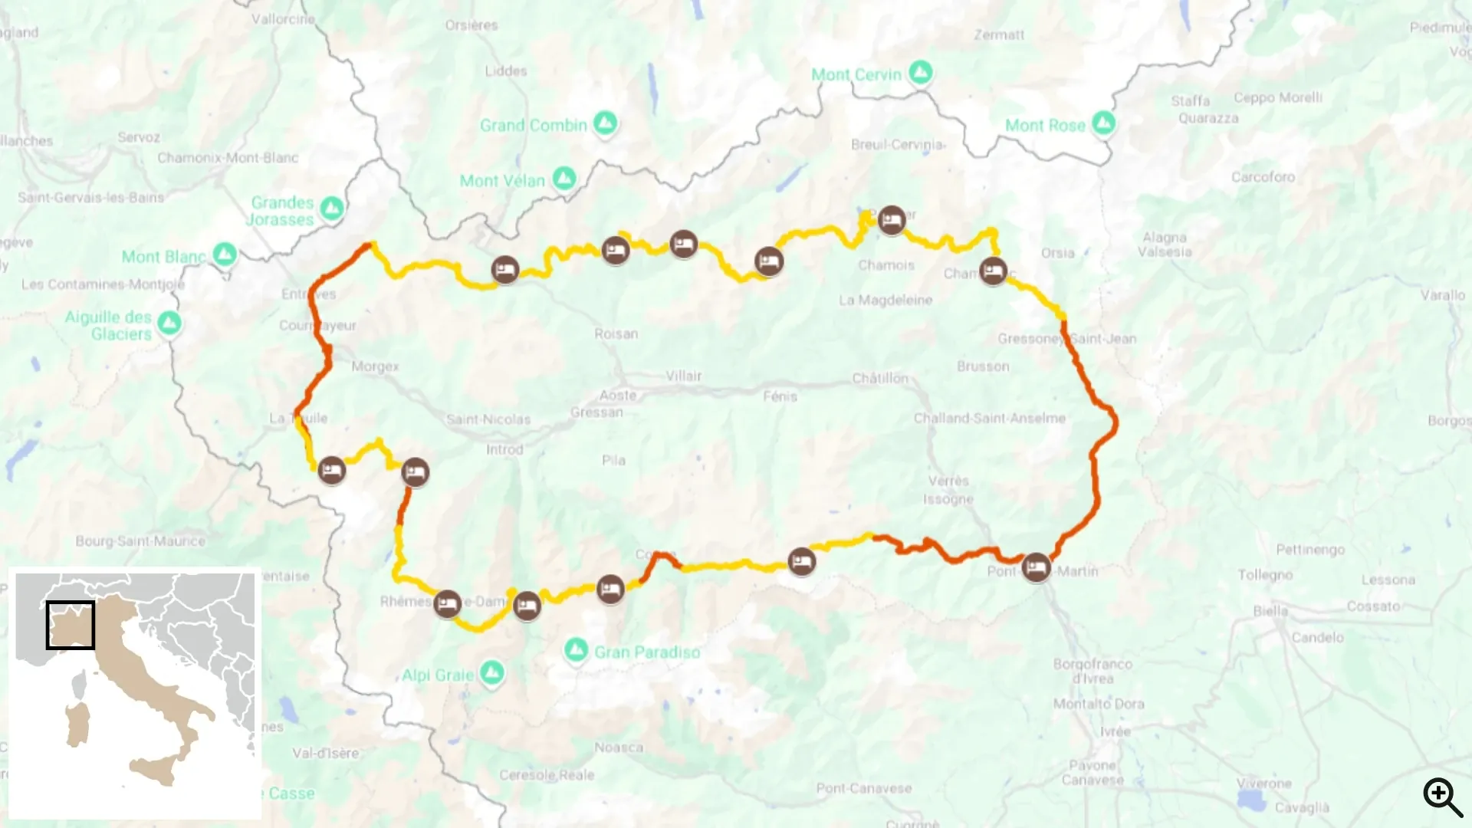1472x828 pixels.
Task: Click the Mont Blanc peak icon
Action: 225,254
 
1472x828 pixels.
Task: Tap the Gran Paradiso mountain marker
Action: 576,650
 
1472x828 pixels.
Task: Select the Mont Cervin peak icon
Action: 921,73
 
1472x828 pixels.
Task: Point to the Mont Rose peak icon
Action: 1103,123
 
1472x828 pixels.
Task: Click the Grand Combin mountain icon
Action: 605,123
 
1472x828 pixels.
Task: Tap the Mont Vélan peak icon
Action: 564,179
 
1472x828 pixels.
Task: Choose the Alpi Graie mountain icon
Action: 492,673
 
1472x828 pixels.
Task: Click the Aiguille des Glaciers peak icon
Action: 169,323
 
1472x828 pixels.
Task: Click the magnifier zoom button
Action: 1442,797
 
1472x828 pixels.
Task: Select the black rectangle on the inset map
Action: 71,625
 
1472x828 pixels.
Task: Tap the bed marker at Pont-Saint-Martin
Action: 1036,567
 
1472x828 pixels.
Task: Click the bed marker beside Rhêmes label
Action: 447,603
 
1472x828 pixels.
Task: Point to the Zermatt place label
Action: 998,34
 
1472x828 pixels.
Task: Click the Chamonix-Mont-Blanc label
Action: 228,158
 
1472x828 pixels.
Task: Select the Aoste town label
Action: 618,395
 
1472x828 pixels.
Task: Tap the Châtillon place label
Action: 880,378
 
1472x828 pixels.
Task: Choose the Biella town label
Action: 1270,611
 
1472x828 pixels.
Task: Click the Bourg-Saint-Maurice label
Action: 140,541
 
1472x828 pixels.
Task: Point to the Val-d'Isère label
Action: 325,753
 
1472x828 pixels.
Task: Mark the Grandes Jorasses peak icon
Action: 332,207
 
